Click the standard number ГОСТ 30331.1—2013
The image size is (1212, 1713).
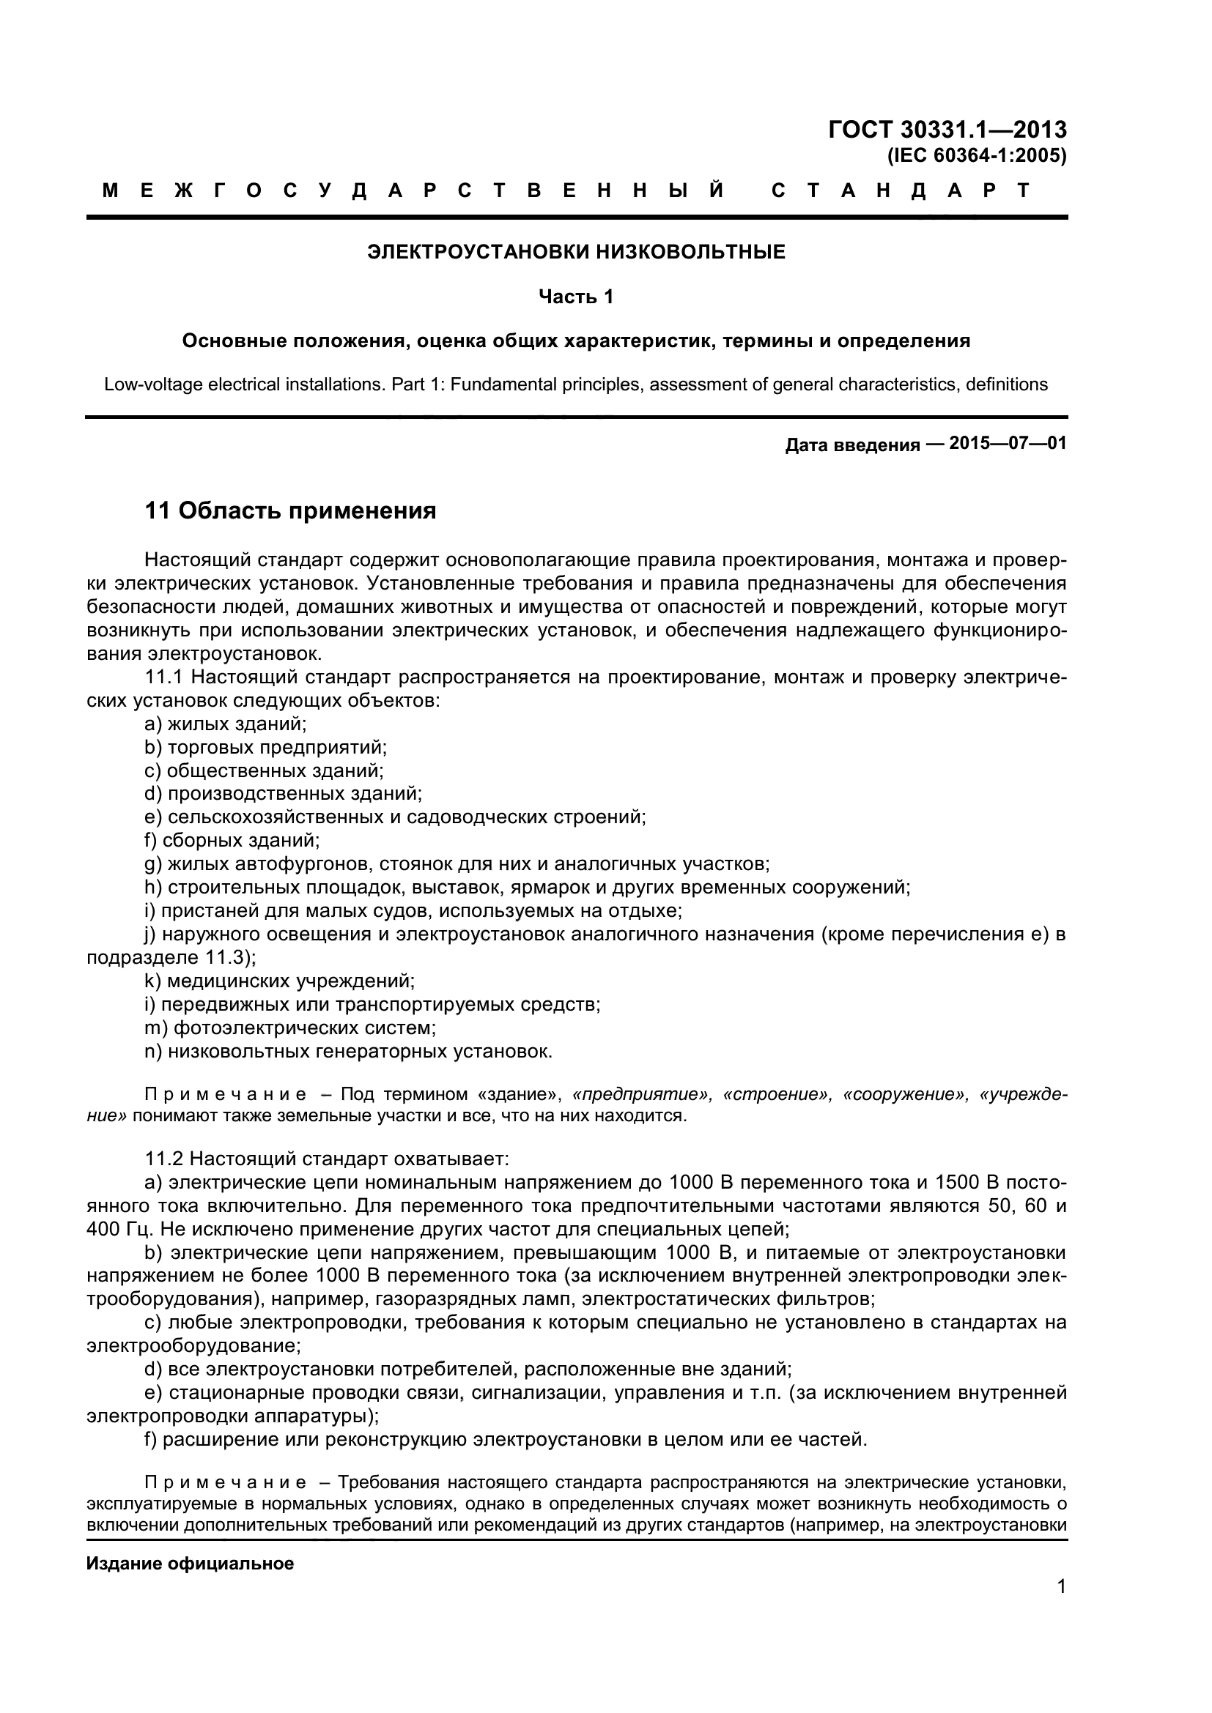coord(947,130)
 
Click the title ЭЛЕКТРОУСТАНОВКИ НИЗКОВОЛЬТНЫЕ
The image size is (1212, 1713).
coord(576,252)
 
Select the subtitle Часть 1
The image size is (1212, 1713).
coord(576,297)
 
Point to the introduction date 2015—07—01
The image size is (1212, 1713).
coord(1008,443)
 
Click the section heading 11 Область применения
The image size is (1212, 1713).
coord(290,511)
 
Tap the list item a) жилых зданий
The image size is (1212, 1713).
coord(226,723)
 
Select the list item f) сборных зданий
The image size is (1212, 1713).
coord(232,840)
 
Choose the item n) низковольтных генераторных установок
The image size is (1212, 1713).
coord(348,1051)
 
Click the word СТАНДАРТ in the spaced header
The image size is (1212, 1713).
coord(900,191)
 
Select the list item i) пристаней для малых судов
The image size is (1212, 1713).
coord(413,910)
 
